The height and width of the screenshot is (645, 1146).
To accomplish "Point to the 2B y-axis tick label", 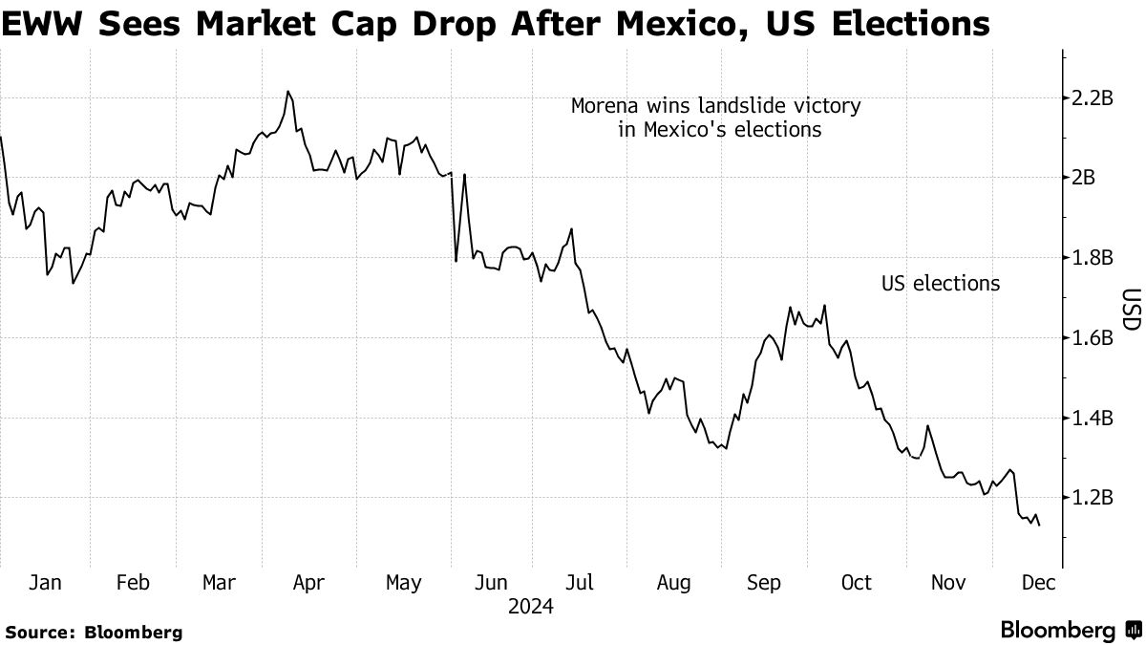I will pyautogui.click(x=1087, y=179).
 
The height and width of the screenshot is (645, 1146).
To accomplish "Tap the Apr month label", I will pyautogui.click(x=308, y=583).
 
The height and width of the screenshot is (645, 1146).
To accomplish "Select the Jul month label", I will pyautogui.click(x=580, y=583).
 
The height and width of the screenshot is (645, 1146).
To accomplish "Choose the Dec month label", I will pyautogui.click(x=1037, y=583).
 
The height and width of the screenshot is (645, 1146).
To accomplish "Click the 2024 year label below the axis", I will pyautogui.click(x=531, y=607).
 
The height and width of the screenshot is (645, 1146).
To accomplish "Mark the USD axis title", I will pyautogui.click(x=1131, y=311).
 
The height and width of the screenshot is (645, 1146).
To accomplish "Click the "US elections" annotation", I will pyautogui.click(x=940, y=284).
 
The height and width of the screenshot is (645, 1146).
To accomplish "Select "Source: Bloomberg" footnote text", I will pyautogui.click(x=94, y=632).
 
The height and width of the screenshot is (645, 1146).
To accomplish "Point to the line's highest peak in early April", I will pyautogui.click(x=287, y=92).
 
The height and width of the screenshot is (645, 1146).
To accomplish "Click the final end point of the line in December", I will pyautogui.click(x=1039, y=525).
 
